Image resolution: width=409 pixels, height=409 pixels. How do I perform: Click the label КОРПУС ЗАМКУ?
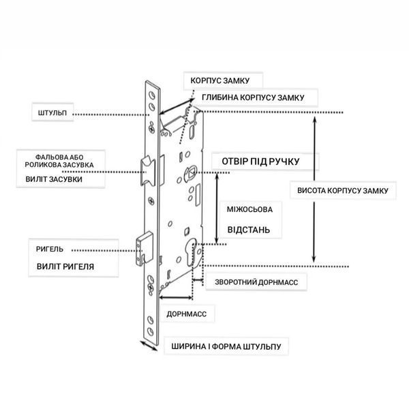(220, 80)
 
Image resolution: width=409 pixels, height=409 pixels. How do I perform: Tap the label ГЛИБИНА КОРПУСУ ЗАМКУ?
(253, 97)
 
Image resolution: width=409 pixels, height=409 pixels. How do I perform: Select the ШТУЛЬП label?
(52, 113)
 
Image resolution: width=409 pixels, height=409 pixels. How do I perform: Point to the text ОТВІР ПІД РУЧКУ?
(260, 162)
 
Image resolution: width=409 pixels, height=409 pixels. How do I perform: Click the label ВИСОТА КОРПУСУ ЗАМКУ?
(343, 190)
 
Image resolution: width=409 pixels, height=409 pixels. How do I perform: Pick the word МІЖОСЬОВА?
(249, 209)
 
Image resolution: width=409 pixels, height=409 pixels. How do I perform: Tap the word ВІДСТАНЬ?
(249, 230)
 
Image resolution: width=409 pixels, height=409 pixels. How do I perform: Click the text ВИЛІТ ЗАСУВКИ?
(54, 179)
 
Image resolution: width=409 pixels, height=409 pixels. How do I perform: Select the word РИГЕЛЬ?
(50, 249)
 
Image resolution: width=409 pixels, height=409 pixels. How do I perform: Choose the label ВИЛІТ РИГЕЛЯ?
(65, 267)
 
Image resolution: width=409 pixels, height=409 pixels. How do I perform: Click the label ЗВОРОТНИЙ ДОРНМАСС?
(256, 282)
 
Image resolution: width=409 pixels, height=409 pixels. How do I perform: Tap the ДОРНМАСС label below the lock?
(187, 314)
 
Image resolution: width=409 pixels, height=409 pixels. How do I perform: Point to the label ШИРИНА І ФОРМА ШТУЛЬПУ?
(226, 347)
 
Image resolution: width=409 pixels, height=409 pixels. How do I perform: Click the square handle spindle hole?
(190, 173)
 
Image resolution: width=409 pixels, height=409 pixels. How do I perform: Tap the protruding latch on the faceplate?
(148, 171)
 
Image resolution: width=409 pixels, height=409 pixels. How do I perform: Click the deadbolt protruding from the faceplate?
(145, 248)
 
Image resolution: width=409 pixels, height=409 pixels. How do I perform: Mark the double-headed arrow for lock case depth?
(177, 106)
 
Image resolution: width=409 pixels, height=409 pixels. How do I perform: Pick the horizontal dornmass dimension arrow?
(176, 297)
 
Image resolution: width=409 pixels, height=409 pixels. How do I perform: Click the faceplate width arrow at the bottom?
(149, 346)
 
